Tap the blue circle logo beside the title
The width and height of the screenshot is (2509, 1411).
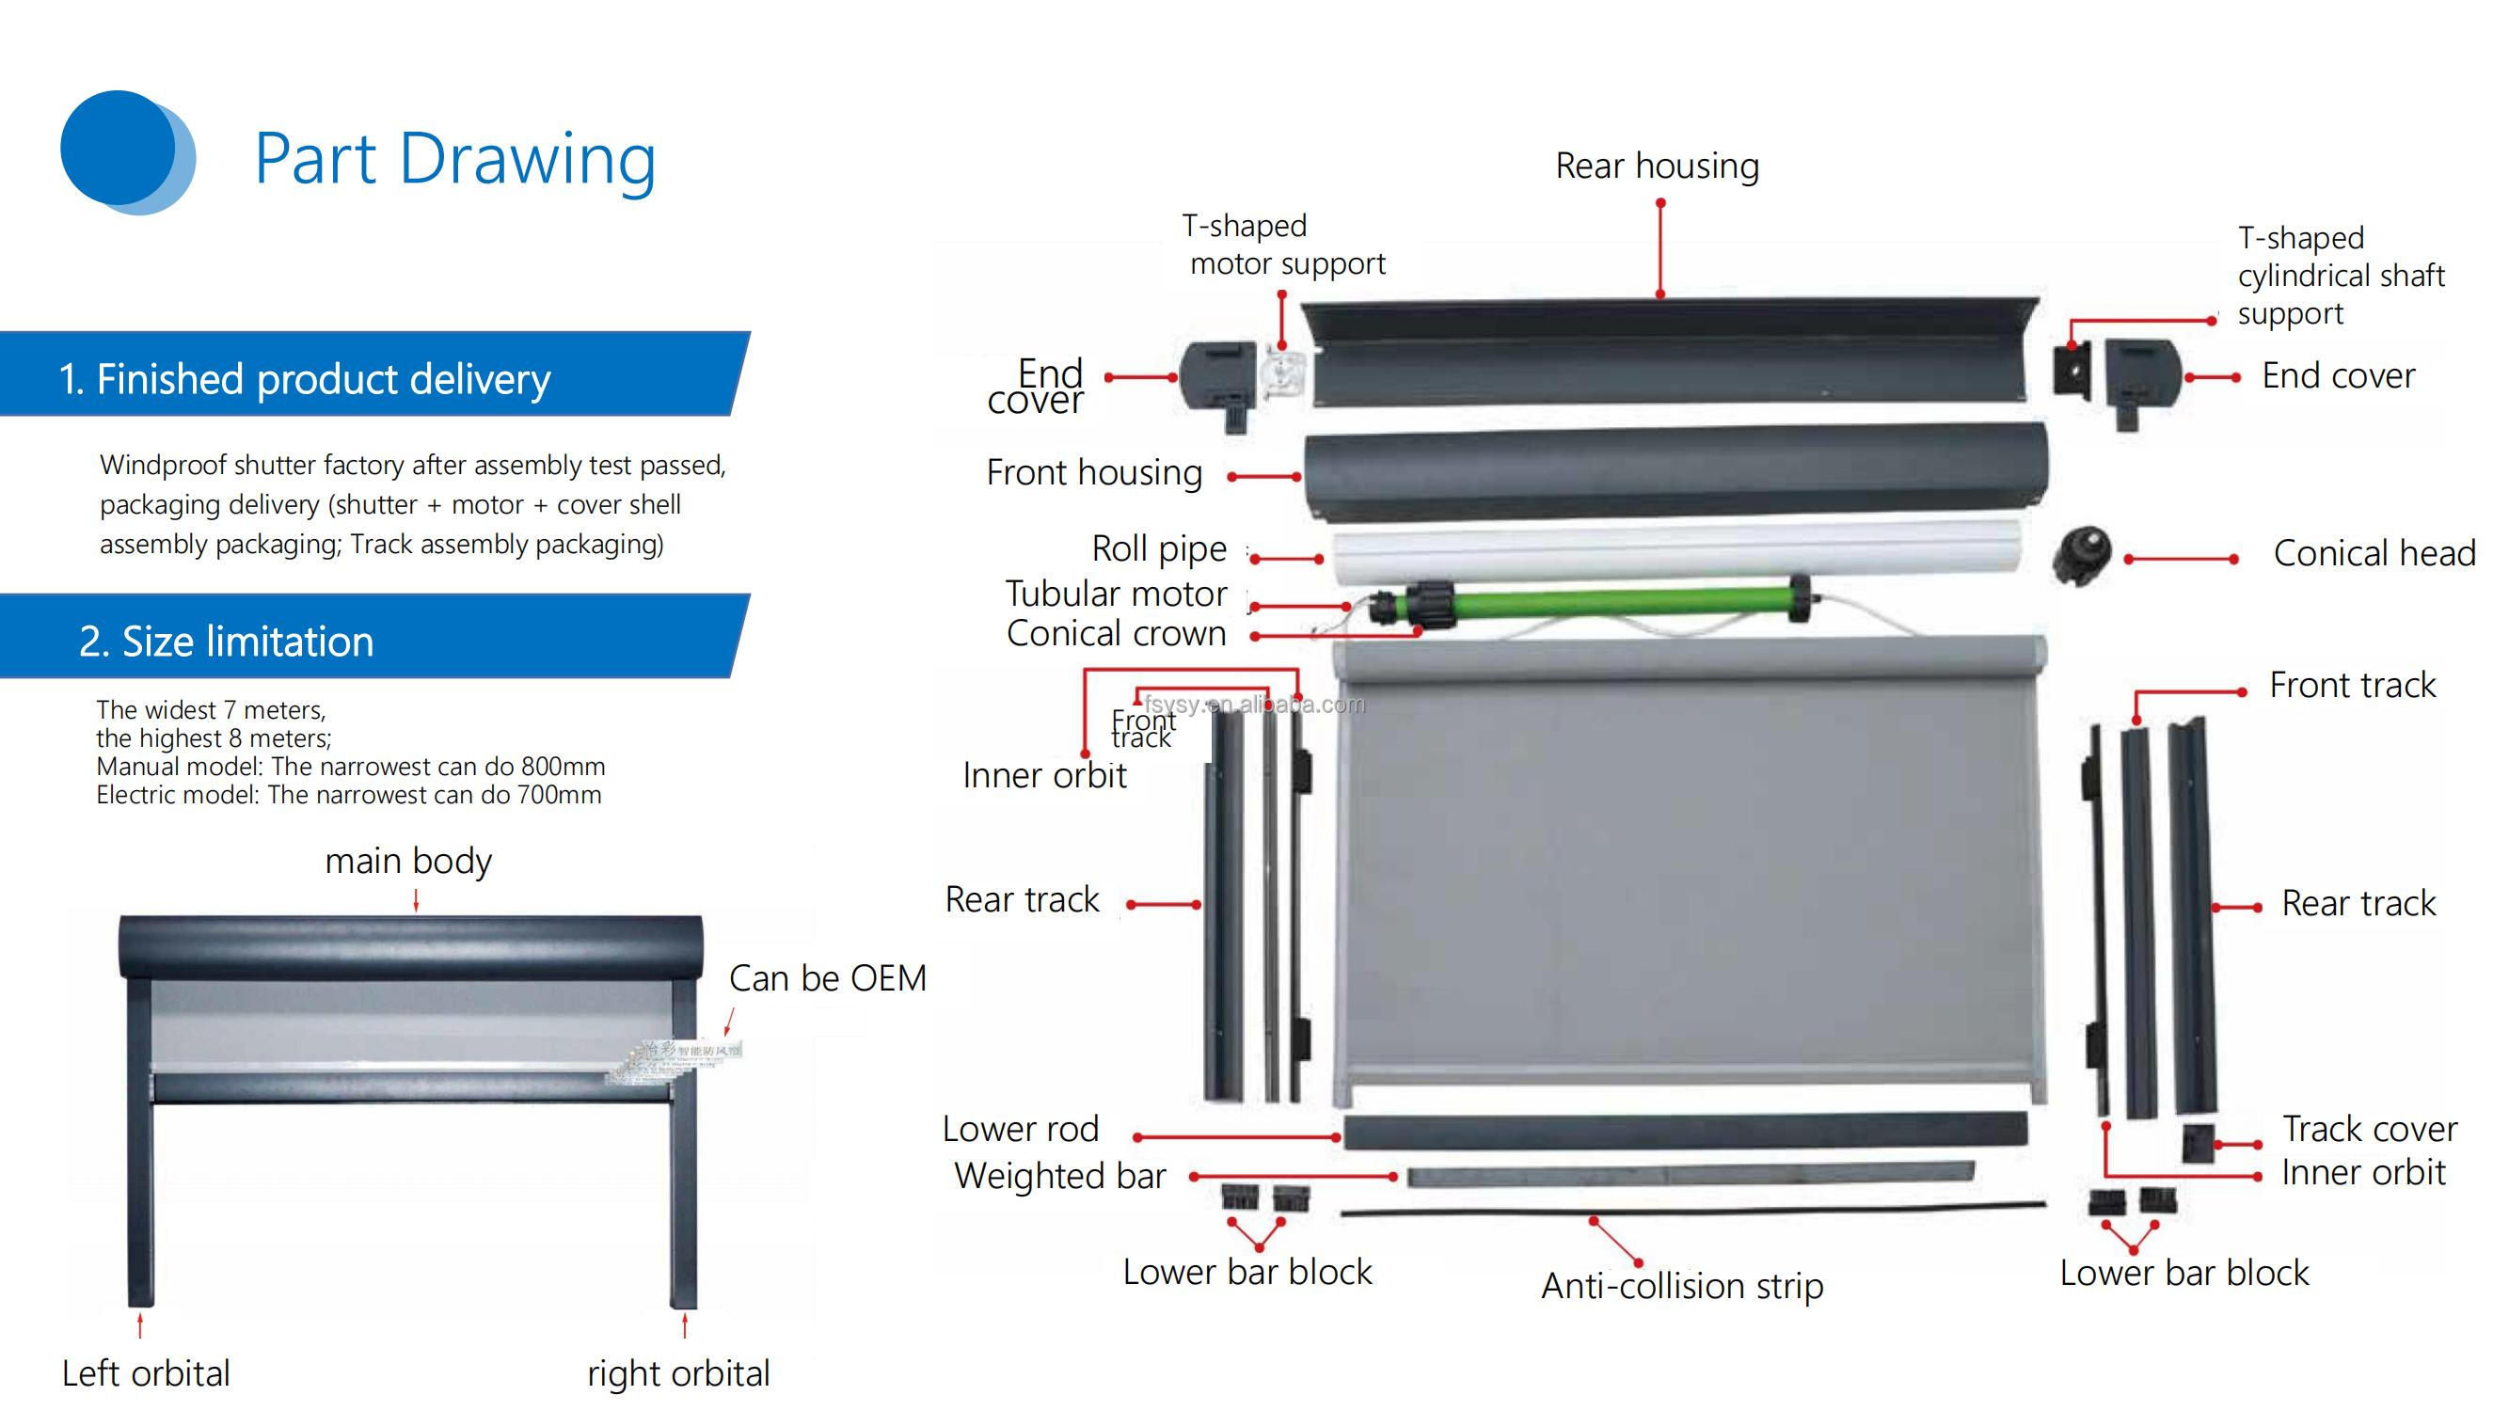[x=125, y=151]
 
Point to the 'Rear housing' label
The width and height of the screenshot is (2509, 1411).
[x=1657, y=166]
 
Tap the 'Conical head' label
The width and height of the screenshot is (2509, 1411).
[x=2374, y=553]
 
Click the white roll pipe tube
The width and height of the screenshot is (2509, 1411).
[x=1675, y=551]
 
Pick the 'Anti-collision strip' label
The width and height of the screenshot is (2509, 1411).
[x=1682, y=1285]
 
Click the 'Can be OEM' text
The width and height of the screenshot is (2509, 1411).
[x=827, y=977]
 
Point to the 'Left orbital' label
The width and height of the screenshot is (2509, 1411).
[x=146, y=1373]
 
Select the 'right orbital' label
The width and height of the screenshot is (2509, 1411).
[x=678, y=1373]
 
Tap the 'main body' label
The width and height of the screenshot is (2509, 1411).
[x=408, y=861]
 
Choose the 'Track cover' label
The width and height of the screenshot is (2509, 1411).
[x=2369, y=1129]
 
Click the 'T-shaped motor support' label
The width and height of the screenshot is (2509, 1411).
[x=1284, y=245]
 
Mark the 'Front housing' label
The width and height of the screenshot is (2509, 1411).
[x=1094, y=472]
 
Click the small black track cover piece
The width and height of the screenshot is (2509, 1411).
[x=2198, y=1143]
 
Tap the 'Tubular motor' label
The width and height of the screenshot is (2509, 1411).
[x=1115, y=593]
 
